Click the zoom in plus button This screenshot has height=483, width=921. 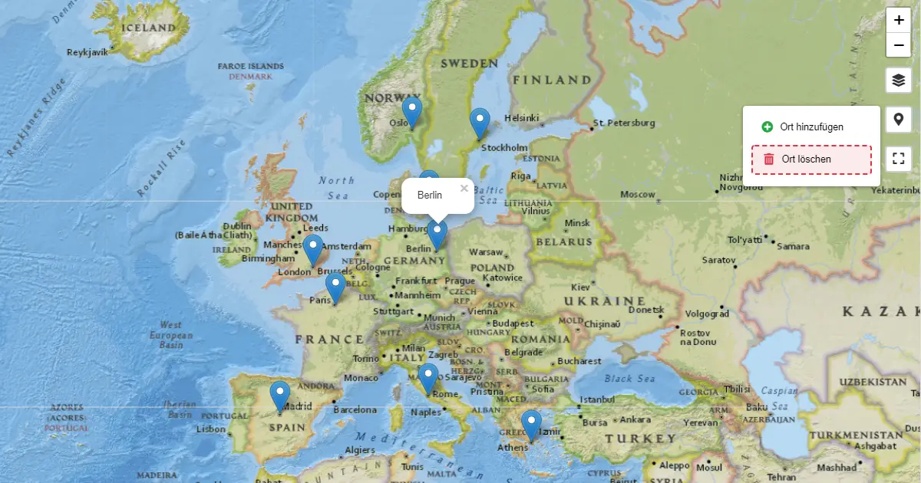coord(899,21)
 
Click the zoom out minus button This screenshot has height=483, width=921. coord(899,45)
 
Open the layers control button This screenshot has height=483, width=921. coord(899,80)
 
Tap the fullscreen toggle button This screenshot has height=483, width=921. coord(899,159)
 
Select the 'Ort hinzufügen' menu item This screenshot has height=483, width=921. coord(811,127)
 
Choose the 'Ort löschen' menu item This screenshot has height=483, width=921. coord(811,159)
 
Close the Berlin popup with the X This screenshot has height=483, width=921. coord(464,188)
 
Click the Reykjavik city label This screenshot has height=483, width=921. coord(87,52)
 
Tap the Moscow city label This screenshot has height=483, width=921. coord(637,195)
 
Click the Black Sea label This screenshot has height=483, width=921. coord(629,379)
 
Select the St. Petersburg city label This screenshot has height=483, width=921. coord(624,123)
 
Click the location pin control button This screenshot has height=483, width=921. coord(899,120)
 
